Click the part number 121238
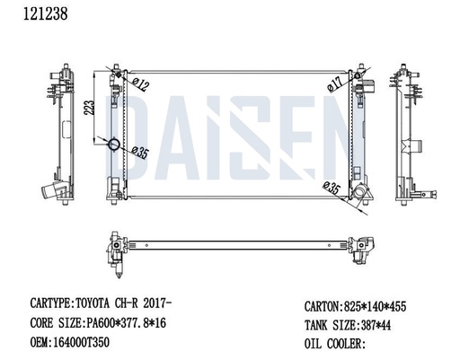[46, 13]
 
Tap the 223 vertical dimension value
[89, 108]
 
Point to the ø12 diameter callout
[140, 84]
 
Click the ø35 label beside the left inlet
[139, 152]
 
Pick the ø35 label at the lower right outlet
[332, 188]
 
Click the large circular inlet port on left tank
[114, 145]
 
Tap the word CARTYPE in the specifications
[49, 303]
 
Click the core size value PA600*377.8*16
[126, 323]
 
